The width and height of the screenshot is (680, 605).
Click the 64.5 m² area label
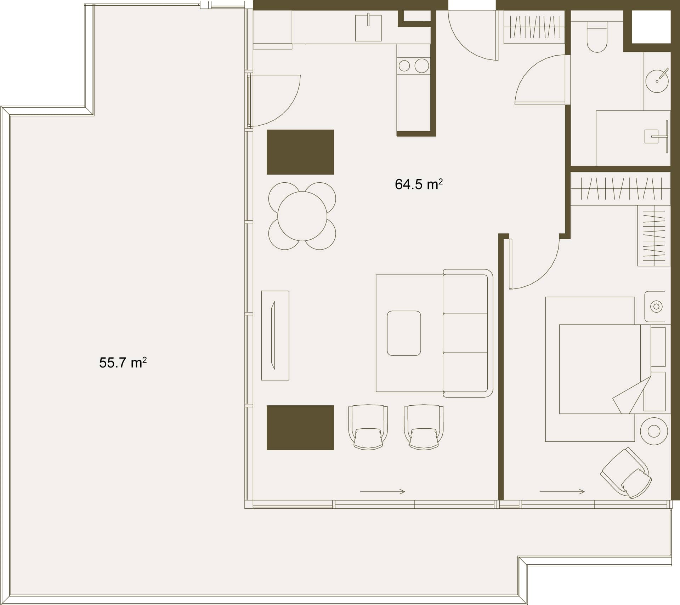(419, 184)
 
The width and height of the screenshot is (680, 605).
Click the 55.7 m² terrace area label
(123, 363)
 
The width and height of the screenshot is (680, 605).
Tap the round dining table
(302, 216)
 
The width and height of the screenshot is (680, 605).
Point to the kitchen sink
(368, 28)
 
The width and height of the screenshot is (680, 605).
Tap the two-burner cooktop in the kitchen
(413, 65)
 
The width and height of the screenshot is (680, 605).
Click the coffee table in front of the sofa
(404, 333)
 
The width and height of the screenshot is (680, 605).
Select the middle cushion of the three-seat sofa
(465, 333)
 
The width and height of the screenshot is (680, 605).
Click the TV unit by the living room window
(275, 336)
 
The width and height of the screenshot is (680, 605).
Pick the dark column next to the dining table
(300, 152)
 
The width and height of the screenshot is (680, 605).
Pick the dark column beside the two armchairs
(300, 428)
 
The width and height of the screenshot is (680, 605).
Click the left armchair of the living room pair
(368, 427)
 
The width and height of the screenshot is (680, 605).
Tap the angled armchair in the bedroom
(626, 473)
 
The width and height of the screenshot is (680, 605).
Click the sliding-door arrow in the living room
(382, 491)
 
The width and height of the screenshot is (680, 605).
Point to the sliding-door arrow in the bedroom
(562, 491)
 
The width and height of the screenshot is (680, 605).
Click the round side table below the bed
(654, 431)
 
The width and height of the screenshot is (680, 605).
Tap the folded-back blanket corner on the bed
(632, 395)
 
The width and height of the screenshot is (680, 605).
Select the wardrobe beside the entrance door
(534, 27)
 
